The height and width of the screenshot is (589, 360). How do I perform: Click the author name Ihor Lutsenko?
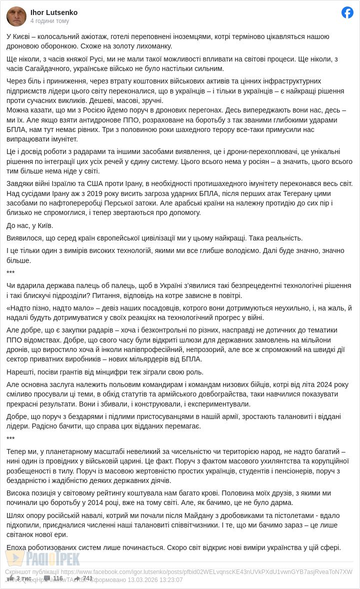click(54, 12)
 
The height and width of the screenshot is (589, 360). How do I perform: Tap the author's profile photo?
click(16, 16)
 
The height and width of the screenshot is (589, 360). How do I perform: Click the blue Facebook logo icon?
click(347, 12)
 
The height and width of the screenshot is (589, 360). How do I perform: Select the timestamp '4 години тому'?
click(49, 21)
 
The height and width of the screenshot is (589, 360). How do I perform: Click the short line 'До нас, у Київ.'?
click(30, 225)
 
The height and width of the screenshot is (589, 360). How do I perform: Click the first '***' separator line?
click(10, 273)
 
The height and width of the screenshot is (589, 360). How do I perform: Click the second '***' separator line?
click(10, 439)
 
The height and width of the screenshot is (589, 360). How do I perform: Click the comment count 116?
click(57, 578)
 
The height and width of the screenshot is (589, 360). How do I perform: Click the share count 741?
click(87, 578)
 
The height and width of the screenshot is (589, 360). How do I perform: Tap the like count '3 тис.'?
click(23, 578)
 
